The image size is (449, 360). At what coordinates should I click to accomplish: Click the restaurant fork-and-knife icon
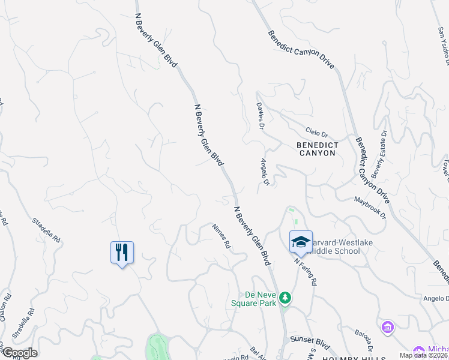[122, 252]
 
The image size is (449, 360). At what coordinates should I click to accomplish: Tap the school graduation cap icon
[301, 241]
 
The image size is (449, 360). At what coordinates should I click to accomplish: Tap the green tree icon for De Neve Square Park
[287, 298]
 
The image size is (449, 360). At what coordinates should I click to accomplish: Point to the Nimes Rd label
[221, 236]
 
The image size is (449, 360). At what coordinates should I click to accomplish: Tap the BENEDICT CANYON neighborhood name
[316, 149]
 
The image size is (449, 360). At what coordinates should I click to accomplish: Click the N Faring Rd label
[305, 271]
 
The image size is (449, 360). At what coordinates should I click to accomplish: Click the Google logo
[19, 353]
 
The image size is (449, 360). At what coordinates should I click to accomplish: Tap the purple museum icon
[387, 328]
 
